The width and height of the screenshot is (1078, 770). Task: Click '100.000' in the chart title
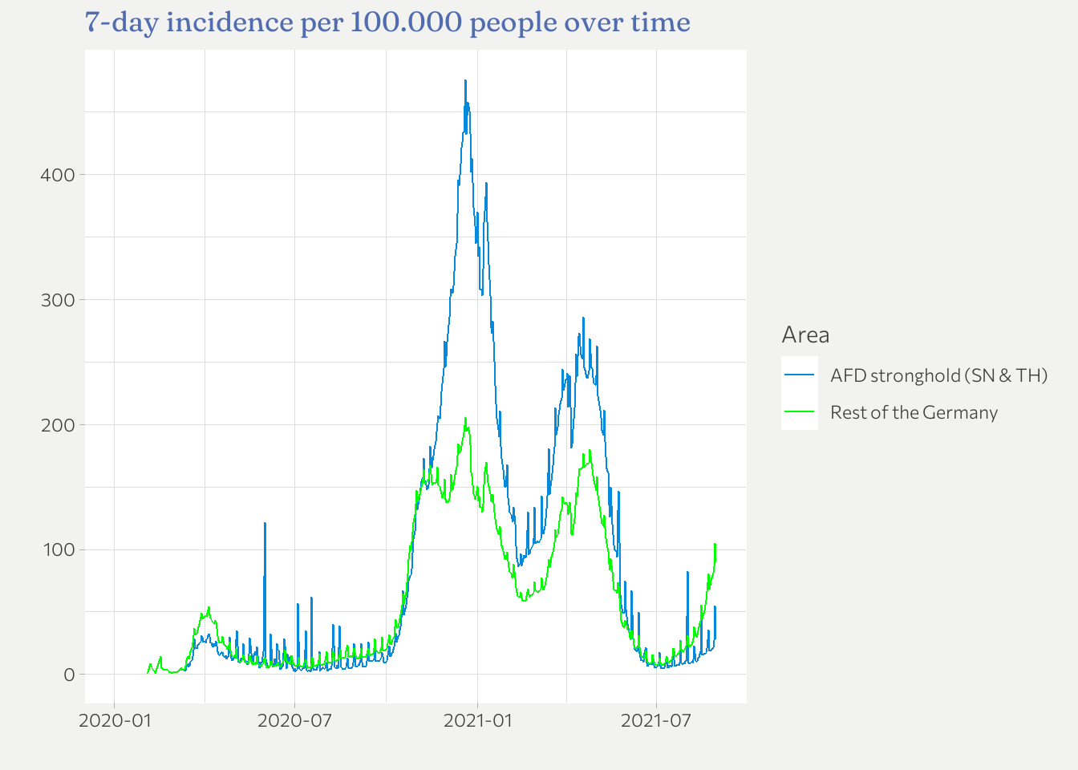[406, 22]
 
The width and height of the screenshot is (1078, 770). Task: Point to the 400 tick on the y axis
[57, 175]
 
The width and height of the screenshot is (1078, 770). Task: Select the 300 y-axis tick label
[57, 300]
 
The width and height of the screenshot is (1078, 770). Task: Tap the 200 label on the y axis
[57, 425]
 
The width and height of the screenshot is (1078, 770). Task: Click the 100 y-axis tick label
[57, 550]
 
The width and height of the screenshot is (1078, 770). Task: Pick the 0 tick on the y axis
[69, 675]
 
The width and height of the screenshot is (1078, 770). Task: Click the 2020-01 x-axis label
[115, 720]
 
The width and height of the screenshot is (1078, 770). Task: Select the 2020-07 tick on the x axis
[294, 720]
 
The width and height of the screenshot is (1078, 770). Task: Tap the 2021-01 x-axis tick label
[478, 720]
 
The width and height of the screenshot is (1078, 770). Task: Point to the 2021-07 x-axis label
[656, 720]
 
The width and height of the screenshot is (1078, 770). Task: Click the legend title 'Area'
[805, 335]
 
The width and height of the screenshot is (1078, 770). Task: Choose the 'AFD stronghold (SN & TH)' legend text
[938, 375]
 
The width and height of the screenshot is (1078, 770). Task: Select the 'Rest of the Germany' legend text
[914, 412]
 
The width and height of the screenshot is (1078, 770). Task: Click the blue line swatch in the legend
[800, 375]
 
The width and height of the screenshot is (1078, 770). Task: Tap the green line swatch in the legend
[800, 412]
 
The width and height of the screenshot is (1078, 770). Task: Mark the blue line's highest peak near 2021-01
[465, 80]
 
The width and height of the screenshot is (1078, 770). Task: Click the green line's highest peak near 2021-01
[464, 418]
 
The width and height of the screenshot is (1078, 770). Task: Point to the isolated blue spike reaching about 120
[265, 523]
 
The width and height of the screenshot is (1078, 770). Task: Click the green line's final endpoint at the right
[715, 545]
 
